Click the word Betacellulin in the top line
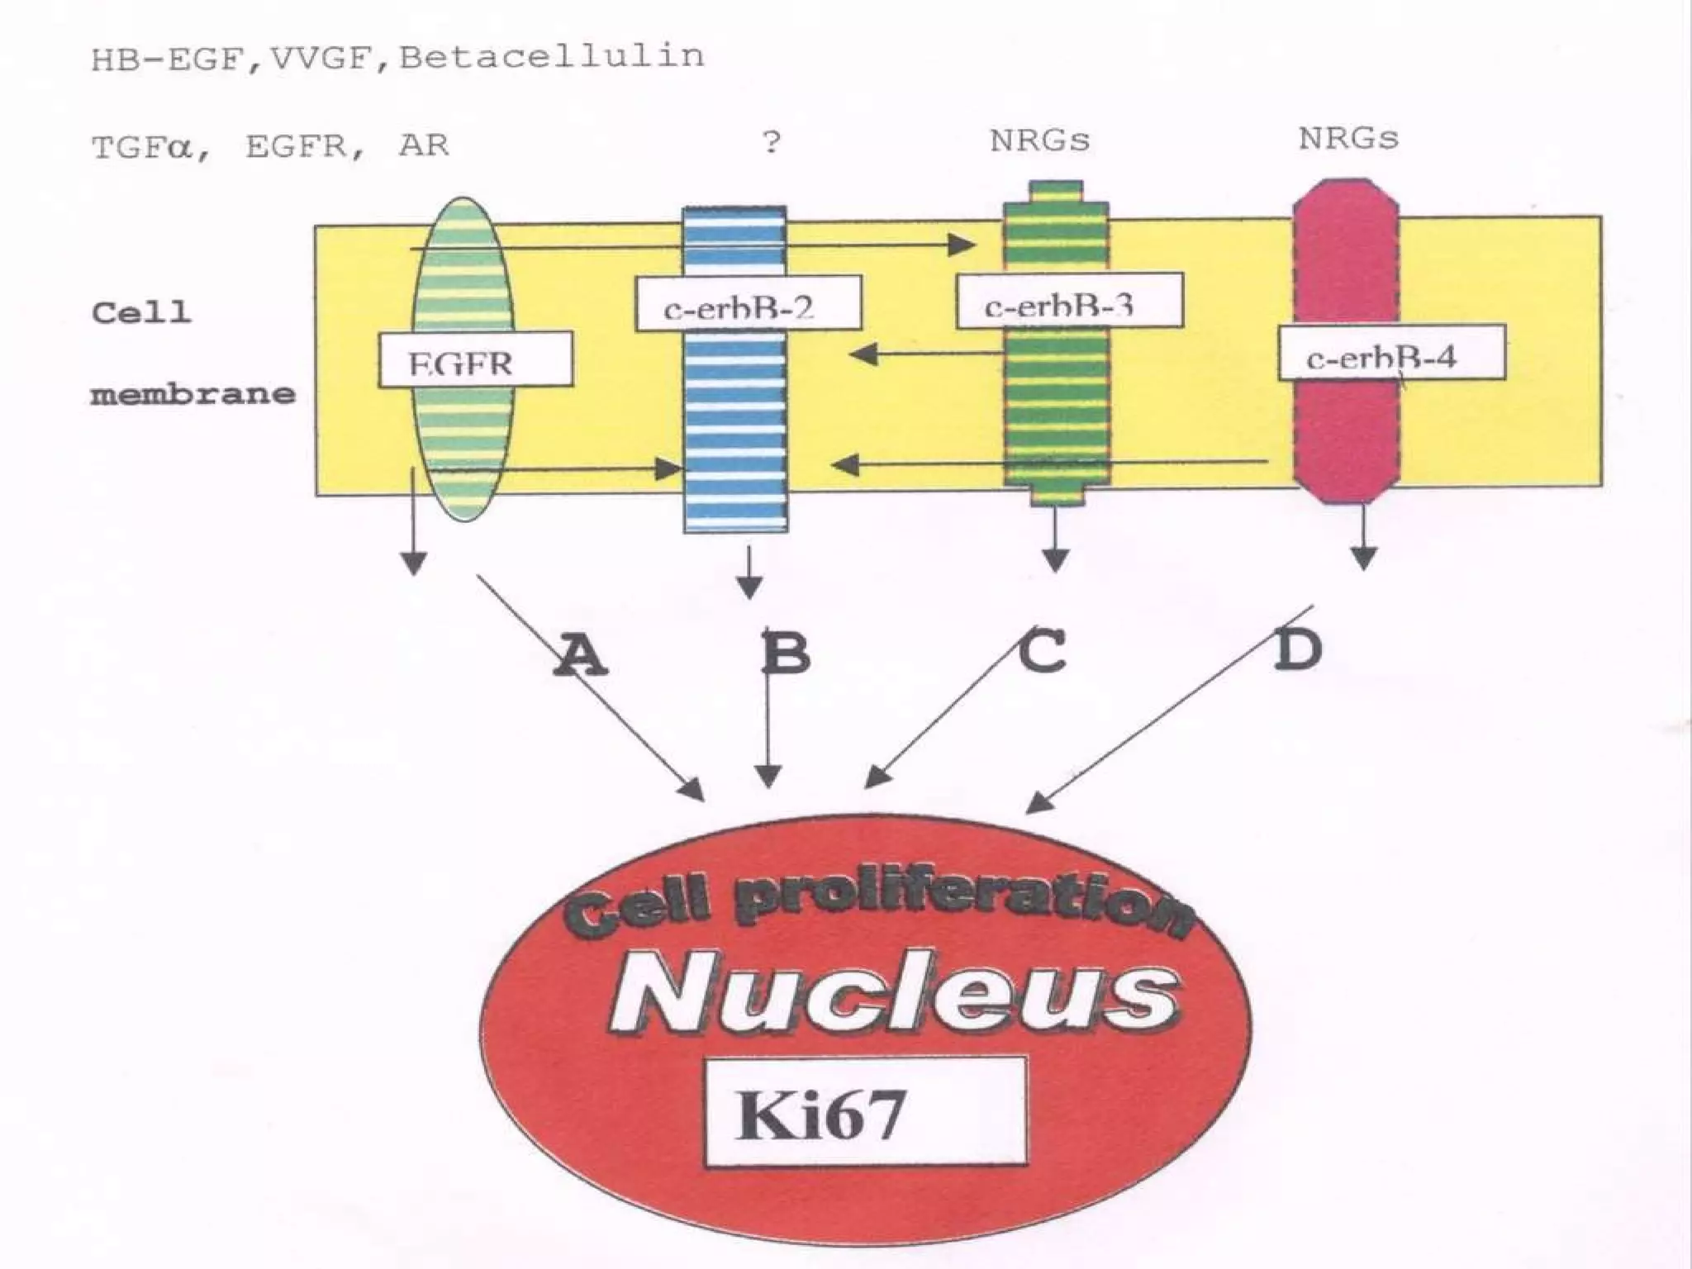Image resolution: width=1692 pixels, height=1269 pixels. [552, 56]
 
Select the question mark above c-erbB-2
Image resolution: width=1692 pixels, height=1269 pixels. [771, 142]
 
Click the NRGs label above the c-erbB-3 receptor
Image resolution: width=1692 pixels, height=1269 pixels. [1039, 140]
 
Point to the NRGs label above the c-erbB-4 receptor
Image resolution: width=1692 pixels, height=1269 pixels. [1348, 138]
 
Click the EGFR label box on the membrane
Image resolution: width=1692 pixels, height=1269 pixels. [475, 359]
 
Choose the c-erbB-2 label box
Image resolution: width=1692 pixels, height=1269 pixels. [748, 304]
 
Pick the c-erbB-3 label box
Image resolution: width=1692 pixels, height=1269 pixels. [1069, 302]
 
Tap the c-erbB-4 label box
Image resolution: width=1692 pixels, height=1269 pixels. [1391, 353]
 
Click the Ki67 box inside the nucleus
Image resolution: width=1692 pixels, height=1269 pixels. [865, 1111]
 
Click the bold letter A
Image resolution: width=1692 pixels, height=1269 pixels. [581, 654]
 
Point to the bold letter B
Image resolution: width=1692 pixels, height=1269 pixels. [786, 653]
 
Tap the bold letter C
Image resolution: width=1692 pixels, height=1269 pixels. [1042, 652]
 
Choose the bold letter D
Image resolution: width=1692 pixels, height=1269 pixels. [1297, 650]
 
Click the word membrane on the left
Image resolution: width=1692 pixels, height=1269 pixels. [192, 394]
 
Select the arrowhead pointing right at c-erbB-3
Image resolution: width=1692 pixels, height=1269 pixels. [962, 245]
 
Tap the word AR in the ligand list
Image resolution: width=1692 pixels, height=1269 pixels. [423, 146]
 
